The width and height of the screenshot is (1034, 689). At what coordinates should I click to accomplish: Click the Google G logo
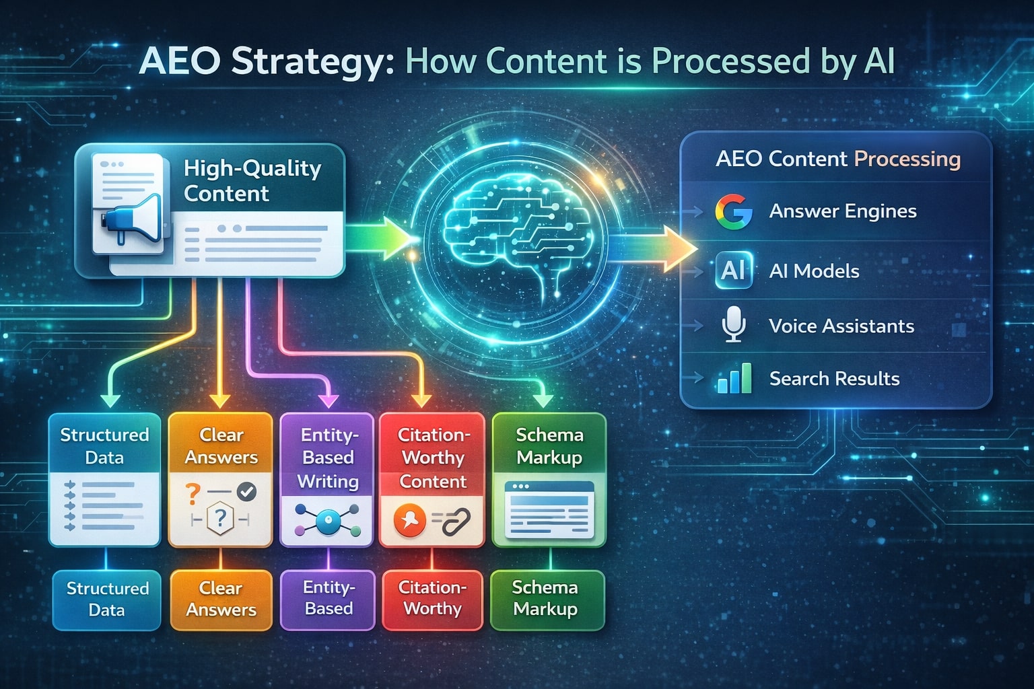click(x=733, y=211)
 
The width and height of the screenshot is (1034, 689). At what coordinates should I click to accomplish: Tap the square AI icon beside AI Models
click(x=733, y=270)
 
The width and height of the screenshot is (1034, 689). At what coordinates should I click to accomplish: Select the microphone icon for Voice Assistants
click(x=733, y=324)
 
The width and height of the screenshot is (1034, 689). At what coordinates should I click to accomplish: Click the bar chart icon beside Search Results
click(x=734, y=379)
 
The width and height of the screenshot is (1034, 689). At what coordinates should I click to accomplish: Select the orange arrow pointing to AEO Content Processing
click(x=653, y=248)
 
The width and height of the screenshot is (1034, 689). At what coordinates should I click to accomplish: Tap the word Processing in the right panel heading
click(x=907, y=159)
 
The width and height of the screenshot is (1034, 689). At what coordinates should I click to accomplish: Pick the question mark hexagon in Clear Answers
click(x=220, y=519)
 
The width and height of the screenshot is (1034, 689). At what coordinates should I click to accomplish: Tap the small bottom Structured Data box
click(x=106, y=599)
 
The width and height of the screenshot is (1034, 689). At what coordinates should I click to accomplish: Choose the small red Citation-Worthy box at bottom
click(x=432, y=599)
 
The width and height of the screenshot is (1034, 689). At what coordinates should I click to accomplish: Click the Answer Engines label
click(x=842, y=211)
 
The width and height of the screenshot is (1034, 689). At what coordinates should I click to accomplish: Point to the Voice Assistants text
click(x=841, y=326)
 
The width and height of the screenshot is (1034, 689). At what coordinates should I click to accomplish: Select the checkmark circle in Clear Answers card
click(x=247, y=492)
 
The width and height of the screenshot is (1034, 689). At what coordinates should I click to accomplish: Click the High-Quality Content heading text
click(x=252, y=180)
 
